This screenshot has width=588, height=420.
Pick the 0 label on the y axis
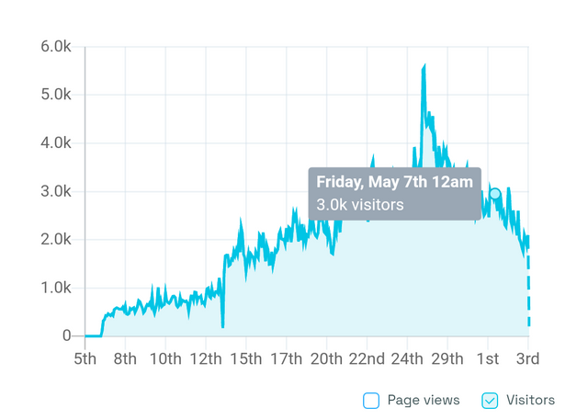tap(66, 336)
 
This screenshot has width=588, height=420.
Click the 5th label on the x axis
tap(85, 358)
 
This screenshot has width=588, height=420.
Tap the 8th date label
tap(126, 358)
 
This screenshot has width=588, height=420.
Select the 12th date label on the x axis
tap(206, 358)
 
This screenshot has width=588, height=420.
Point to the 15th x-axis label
tap(246, 358)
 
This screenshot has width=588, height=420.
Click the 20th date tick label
tap(326, 358)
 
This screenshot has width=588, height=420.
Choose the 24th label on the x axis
tap(407, 358)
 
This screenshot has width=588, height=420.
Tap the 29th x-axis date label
tap(447, 358)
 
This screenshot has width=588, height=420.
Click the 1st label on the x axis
tap(488, 358)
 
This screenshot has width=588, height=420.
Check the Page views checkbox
tap(371, 400)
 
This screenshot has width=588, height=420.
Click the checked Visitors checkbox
tap(490, 400)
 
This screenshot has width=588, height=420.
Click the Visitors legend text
tap(531, 400)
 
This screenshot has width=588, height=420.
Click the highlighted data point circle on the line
tap(495, 194)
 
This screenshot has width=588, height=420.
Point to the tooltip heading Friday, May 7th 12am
tap(394, 181)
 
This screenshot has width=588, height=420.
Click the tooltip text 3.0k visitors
tap(360, 204)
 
